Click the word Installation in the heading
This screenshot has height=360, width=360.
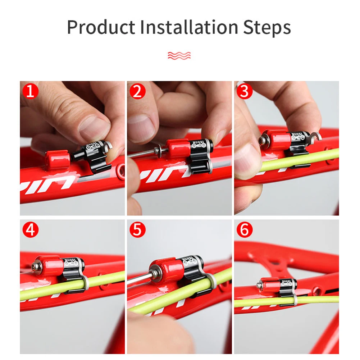[188, 27]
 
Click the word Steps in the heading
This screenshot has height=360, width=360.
[267, 27]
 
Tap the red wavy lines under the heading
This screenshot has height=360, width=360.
[179, 55]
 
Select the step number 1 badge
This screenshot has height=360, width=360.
[30, 91]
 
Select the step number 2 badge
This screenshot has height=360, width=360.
[137, 91]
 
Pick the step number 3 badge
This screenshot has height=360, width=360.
[245, 91]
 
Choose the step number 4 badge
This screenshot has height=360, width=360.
[30, 230]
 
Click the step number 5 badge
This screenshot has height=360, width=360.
[137, 230]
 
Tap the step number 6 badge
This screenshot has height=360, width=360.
[245, 230]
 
